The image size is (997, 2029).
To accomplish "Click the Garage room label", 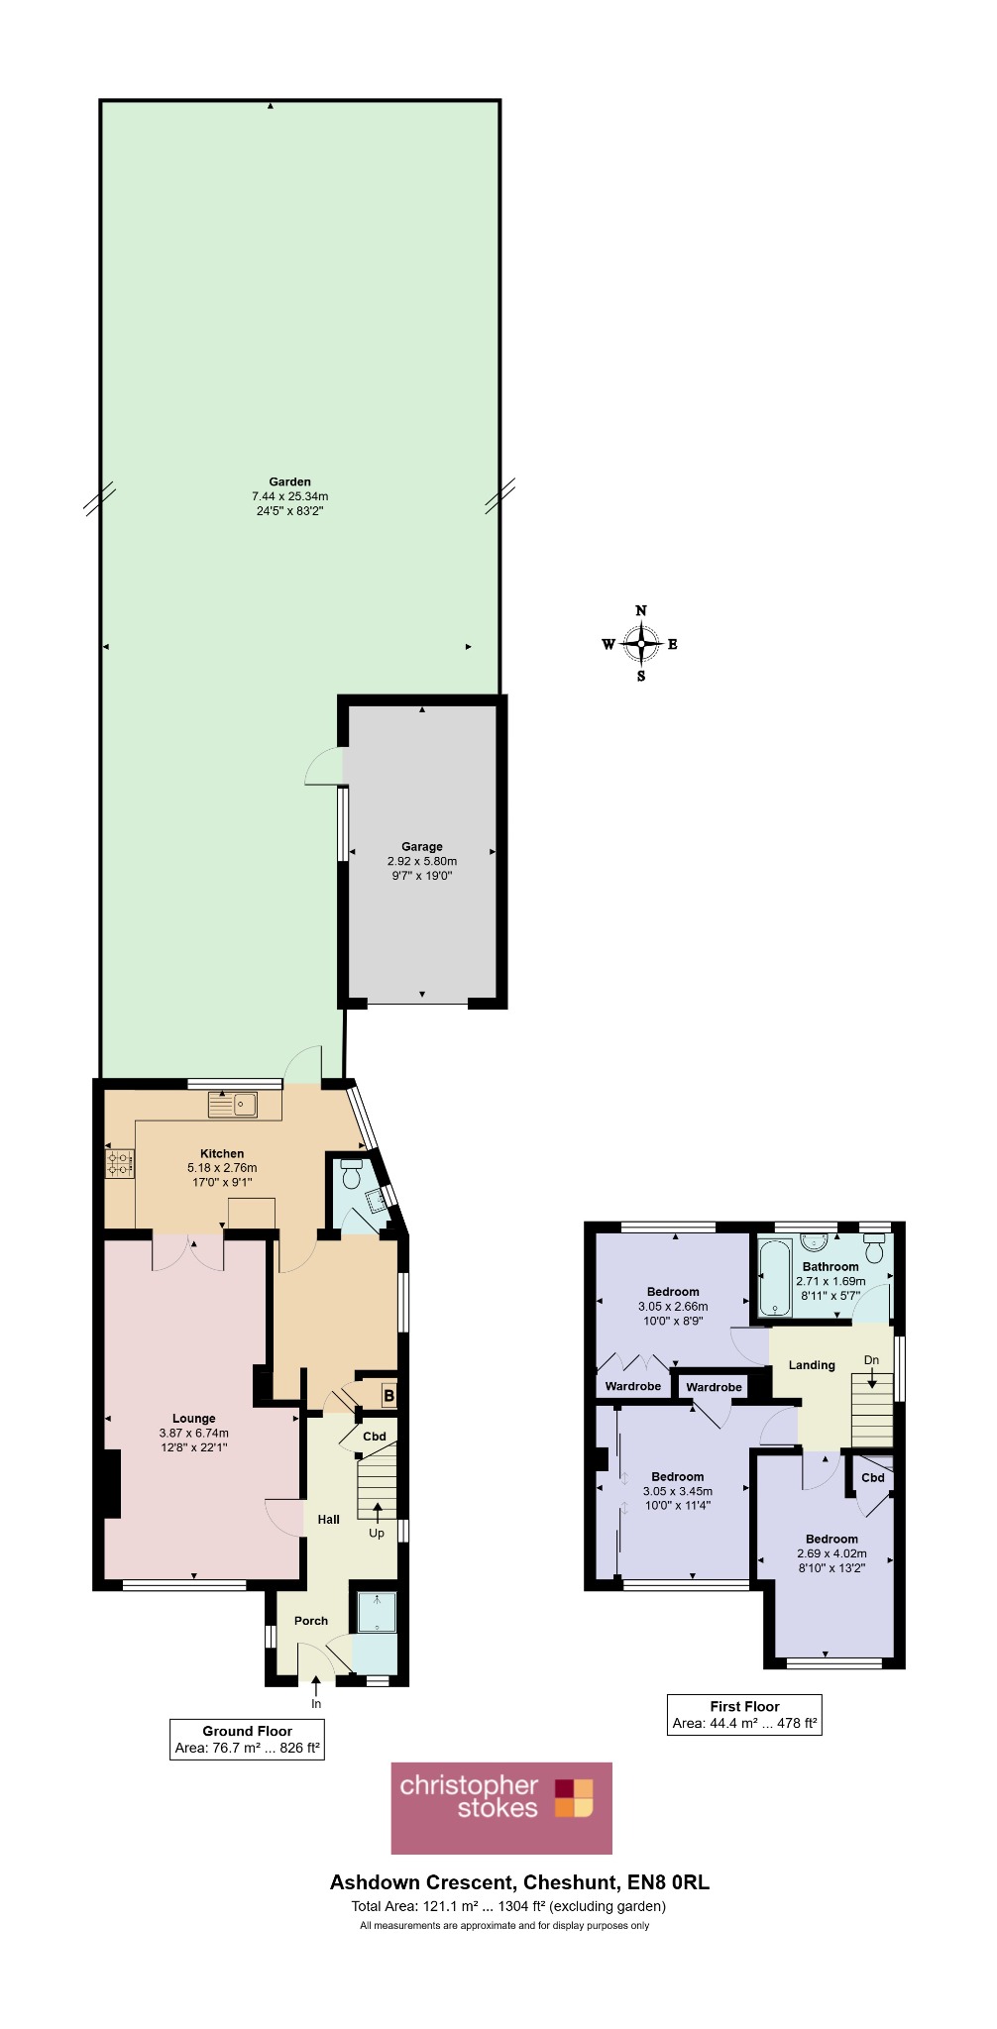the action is (422, 846).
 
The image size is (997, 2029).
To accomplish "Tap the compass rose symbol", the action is (641, 644).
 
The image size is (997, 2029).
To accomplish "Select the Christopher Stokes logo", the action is (501, 1807).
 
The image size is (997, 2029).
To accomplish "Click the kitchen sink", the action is (233, 1104).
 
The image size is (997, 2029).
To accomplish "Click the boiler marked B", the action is (388, 1396).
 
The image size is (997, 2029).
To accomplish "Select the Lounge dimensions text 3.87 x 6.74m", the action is (194, 1433).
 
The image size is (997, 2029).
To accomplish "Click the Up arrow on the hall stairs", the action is (377, 1511).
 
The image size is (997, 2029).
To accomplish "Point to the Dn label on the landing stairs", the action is (871, 1360).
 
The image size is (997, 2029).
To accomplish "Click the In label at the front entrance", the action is (316, 1704).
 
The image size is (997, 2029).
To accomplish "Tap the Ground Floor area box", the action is (247, 1739).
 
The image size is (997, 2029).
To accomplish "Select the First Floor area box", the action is (744, 1714).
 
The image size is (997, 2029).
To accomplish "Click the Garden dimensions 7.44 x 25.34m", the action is (289, 496).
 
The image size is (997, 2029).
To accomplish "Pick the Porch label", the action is (311, 1621).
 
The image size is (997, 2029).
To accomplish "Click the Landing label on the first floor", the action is (812, 1365).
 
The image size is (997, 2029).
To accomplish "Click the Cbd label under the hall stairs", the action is (375, 1437).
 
